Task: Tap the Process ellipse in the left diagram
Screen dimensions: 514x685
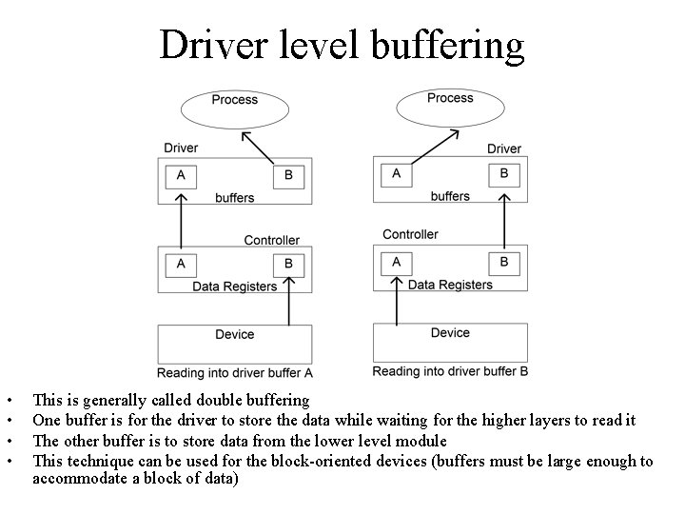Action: click(x=234, y=108)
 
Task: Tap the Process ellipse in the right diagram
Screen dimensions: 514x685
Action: click(x=449, y=106)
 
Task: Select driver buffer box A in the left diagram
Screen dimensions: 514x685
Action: click(x=181, y=176)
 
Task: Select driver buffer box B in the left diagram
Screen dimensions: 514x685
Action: click(x=288, y=176)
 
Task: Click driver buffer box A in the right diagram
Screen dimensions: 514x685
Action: click(x=396, y=174)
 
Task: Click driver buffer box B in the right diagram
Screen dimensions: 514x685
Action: click(x=503, y=174)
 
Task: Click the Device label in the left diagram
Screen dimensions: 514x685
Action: click(x=234, y=334)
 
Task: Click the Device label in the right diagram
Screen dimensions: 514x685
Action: click(x=450, y=332)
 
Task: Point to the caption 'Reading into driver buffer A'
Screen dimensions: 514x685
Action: click(x=235, y=373)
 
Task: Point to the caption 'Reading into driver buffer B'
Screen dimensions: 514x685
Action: click(x=450, y=371)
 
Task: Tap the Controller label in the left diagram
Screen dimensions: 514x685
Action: click(x=271, y=240)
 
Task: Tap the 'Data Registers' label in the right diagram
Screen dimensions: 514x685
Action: click(x=450, y=285)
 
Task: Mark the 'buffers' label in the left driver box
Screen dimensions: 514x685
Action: click(x=234, y=198)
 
